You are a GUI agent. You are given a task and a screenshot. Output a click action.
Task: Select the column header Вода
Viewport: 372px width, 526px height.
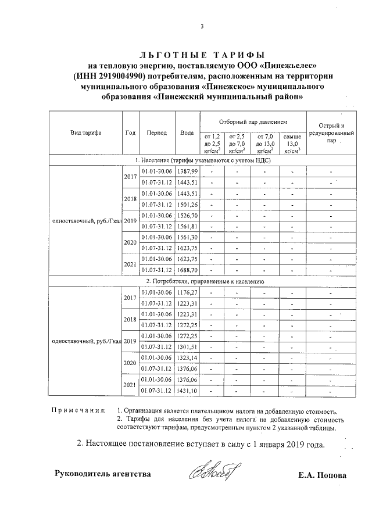click(187, 133)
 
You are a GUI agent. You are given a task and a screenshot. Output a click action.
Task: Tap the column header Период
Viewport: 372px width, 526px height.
click(157, 133)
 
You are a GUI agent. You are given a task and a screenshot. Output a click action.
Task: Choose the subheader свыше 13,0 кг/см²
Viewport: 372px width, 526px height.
click(292, 143)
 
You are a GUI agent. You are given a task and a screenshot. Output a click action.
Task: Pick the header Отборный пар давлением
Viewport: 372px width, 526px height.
click(253, 123)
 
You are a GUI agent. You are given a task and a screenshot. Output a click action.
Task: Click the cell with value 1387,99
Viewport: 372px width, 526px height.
click(187, 171)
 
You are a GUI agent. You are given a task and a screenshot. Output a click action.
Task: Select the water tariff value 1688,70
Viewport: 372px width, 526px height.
click(187, 270)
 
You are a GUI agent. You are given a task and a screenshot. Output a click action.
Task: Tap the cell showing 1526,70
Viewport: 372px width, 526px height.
click(187, 216)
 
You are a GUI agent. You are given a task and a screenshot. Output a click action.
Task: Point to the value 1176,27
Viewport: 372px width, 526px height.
click(187, 292)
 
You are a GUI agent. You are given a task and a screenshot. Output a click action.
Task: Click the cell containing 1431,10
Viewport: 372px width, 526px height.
click(187, 391)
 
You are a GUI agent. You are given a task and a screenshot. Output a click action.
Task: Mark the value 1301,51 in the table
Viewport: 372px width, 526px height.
click(187, 347)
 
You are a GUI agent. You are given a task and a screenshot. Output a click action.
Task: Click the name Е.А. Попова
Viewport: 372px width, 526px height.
click(321, 475)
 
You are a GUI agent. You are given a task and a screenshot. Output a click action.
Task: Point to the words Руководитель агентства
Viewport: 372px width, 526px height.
click(103, 474)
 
